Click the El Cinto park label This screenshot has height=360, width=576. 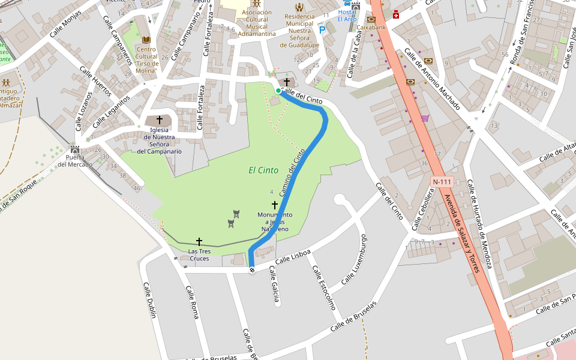point(263,170)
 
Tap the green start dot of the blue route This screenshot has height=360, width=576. point(278,91)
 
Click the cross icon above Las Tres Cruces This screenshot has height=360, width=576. point(199,241)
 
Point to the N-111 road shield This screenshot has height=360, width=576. point(442,181)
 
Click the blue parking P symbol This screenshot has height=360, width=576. point(322,29)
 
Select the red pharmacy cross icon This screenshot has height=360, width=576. point(396,14)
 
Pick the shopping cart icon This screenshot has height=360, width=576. point(425,118)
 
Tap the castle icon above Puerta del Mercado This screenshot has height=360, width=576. point(75,149)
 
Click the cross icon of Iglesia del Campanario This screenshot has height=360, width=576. point(160,120)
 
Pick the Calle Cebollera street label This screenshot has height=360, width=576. point(422,209)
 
